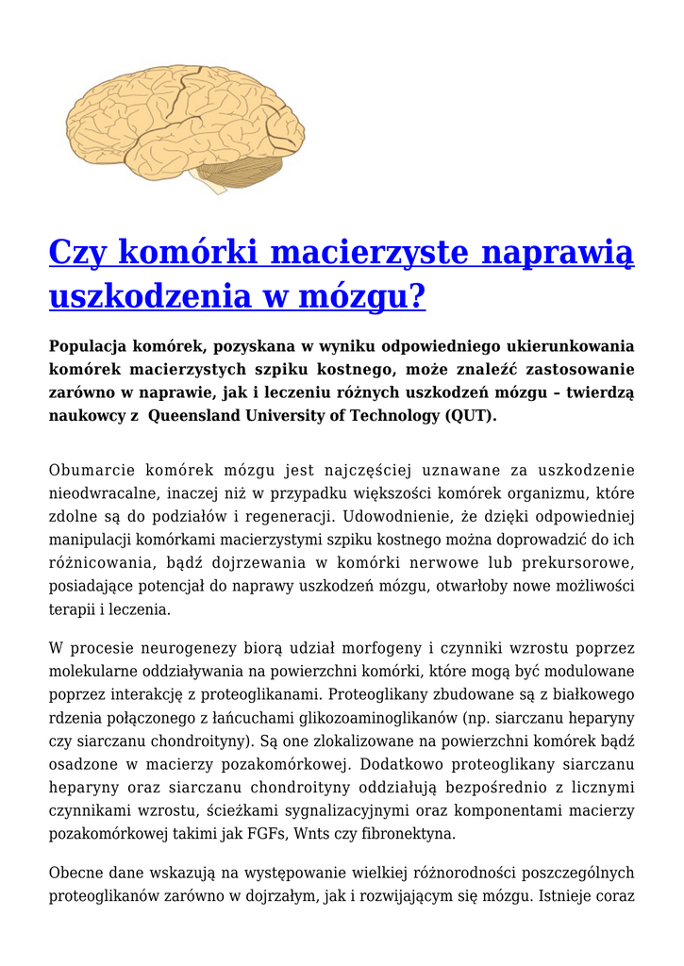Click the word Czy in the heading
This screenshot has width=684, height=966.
[x=79, y=253]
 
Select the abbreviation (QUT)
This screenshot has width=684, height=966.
[x=470, y=415]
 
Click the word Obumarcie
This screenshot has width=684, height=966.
[x=89, y=470]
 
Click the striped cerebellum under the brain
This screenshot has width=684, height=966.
[x=232, y=173]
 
